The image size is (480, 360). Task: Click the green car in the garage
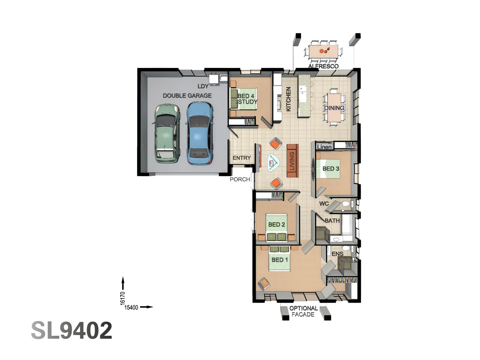click(x=167, y=133)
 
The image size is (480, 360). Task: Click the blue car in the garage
click(x=199, y=133)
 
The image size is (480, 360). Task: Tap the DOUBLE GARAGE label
click(x=187, y=96)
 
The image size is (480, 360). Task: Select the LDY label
click(x=203, y=86)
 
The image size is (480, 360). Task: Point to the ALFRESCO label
click(x=323, y=66)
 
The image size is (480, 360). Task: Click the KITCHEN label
click(x=288, y=99)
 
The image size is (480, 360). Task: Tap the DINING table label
click(x=334, y=108)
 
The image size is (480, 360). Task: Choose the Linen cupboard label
click(x=324, y=147)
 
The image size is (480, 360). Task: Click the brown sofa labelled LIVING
click(x=292, y=161)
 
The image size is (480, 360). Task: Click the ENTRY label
click(x=242, y=158)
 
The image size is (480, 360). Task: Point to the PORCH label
click(x=240, y=179)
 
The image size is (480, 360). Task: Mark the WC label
click(x=324, y=204)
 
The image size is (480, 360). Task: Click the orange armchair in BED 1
click(x=264, y=283)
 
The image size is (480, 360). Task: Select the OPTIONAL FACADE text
click(x=303, y=311)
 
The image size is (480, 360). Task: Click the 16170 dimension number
click(x=123, y=298)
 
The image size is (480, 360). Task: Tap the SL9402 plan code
click(x=72, y=331)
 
